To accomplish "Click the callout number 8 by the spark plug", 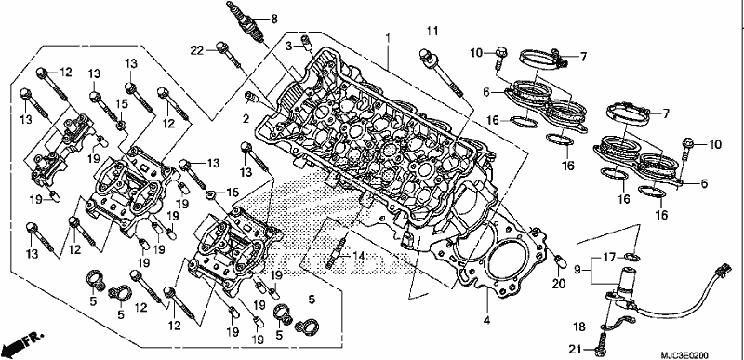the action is pyautogui.click(x=274, y=19).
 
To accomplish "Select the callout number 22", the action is pyautogui.click(x=197, y=49).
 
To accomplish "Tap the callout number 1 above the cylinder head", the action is pyautogui.click(x=388, y=36).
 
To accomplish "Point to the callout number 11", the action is pyautogui.click(x=432, y=32).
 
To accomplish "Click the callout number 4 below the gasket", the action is pyautogui.click(x=486, y=321).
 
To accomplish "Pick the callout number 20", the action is pyautogui.click(x=560, y=283).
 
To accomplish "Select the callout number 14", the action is pyautogui.click(x=359, y=256).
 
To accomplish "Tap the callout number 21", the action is pyautogui.click(x=575, y=350).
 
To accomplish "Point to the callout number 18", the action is pyautogui.click(x=578, y=327).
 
